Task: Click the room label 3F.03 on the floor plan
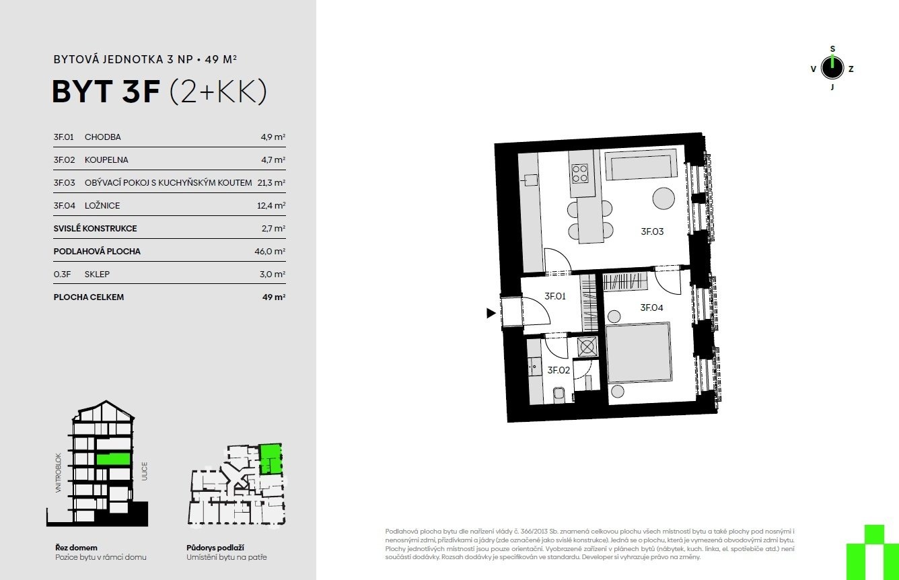click(652, 231)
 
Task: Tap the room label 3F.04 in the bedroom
click(651, 308)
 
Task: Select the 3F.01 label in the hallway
click(555, 296)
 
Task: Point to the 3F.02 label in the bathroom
click(559, 370)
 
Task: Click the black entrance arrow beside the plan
click(491, 313)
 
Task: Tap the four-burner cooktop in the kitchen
click(580, 174)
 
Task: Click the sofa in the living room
click(641, 165)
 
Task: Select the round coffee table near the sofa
click(663, 198)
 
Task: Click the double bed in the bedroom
click(638, 353)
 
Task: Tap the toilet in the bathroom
click(559, 395)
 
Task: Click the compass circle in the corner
click(832, 68)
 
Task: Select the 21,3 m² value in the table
click(271, 182)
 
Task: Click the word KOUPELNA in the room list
click(106, 159)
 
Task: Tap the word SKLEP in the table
click(97, 274)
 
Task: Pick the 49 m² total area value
click(274, 297)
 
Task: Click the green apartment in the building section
click(114, 459)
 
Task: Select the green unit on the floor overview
click(270, 458)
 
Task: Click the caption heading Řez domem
click(76, 548)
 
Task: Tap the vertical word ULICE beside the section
click(145, 471)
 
